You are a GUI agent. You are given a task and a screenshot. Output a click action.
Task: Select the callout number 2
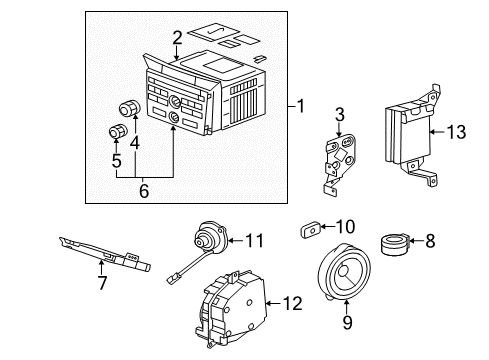(x=176, y=39)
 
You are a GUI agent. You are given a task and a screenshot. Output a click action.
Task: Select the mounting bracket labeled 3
(x=337, y=158)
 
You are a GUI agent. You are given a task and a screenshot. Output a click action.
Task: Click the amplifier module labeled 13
(x=404, y=134)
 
